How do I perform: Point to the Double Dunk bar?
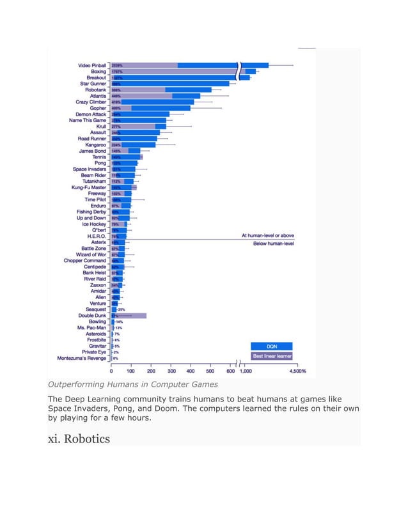(129, 316)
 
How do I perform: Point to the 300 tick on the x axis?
(171, 371)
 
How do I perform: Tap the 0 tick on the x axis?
(112, 371)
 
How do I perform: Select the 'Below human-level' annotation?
(273, 244)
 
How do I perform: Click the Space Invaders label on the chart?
(90, 169)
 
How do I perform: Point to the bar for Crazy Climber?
(153, 102)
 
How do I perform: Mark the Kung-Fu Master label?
(90, 187)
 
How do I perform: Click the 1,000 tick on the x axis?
(246, 371)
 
